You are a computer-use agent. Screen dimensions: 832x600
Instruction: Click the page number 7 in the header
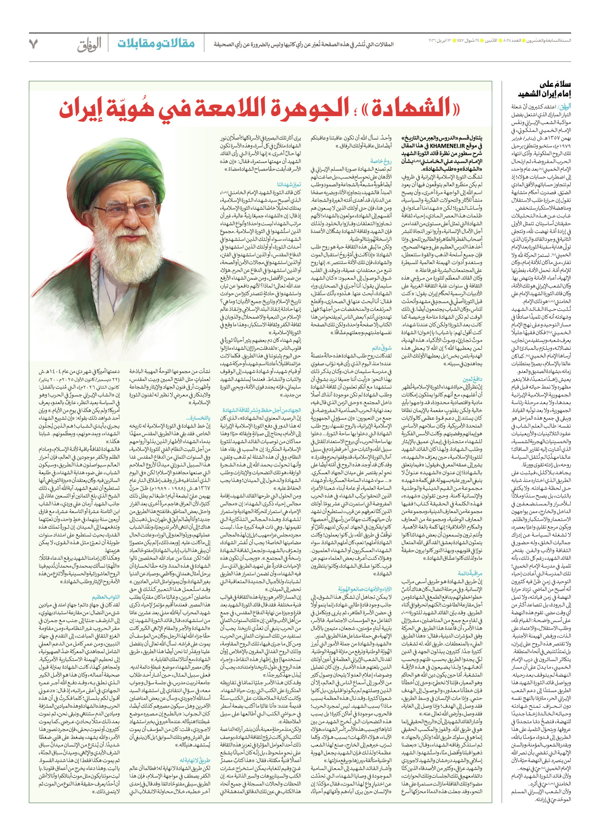tap(33, 44)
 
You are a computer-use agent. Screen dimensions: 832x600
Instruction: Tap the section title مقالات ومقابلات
tap(156, 44)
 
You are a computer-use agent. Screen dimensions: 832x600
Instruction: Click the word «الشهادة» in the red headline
tap(406, 109)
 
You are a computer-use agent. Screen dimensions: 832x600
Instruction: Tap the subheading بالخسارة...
tap(199, 418)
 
